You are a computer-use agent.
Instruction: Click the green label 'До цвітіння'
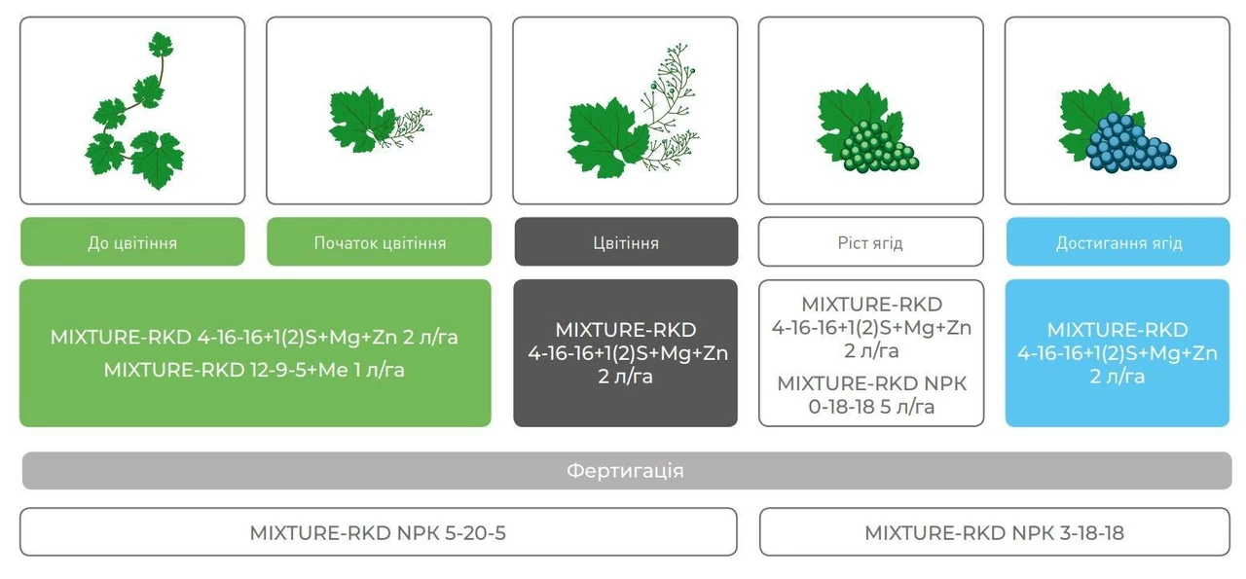click(x=132, y=242)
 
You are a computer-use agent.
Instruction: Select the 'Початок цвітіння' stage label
click(x=380, y=242)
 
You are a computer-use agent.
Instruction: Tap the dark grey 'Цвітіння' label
click(x=626, y=242)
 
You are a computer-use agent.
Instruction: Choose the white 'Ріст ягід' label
click(x=870, y=242)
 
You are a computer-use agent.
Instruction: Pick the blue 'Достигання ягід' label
click(x=1118, y=242)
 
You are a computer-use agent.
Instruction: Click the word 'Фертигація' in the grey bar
click(x=625, y=471)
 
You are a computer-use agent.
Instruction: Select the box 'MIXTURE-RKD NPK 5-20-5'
click(x=379, y=532)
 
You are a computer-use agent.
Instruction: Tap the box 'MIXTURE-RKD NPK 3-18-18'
click(x=995, y=532)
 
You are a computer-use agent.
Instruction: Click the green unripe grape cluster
click(x=879, y=146)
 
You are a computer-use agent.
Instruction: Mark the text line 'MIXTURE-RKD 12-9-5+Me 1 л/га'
click(x=254, y=370)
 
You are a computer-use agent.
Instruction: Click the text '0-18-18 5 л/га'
click(x=871, y=407)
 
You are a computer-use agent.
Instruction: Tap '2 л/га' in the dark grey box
click(x=625, y=377)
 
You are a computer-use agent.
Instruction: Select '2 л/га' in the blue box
click(x=1117, y=377)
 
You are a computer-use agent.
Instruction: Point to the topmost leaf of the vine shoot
click(x=161, y=45)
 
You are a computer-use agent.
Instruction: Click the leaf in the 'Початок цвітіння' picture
click(x=360, y=119)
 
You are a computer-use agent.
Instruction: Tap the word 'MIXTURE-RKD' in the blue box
click(x=1117, y=330)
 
